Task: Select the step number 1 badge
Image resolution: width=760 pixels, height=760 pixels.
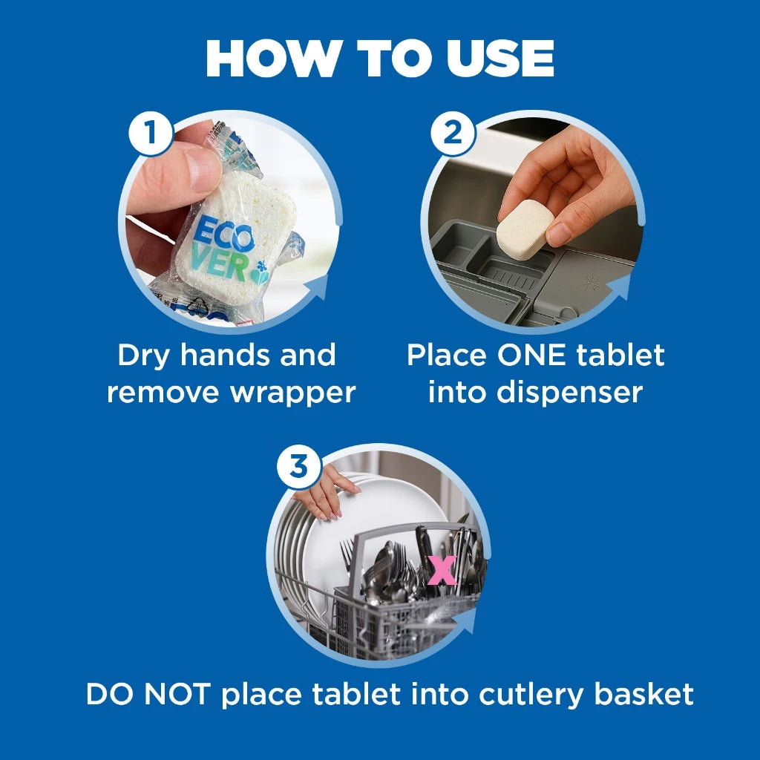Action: (151, 134)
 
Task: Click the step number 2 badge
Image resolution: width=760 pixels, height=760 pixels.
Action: (452, 134)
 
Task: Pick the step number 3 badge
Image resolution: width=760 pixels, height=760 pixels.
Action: (298, 467)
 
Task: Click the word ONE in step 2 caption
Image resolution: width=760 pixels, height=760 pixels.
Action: (534, 356)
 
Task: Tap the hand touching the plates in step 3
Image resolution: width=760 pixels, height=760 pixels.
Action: (325, 494)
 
